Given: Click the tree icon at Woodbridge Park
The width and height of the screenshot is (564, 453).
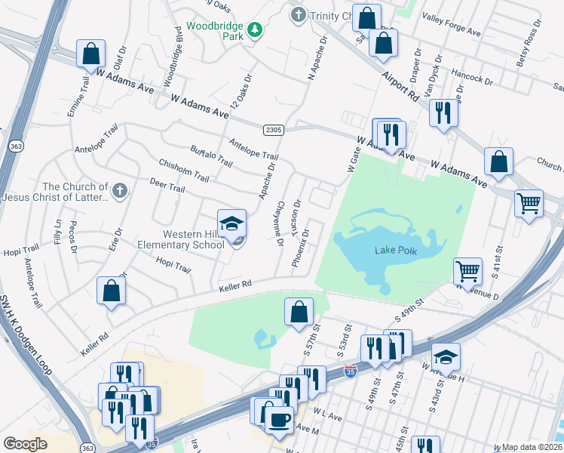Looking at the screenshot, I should point(256,29).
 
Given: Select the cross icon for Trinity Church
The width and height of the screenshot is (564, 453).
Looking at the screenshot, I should point(299,14).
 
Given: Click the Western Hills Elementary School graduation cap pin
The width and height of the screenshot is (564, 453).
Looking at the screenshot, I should point(232,223).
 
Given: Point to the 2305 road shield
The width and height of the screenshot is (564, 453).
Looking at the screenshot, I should point(273,131).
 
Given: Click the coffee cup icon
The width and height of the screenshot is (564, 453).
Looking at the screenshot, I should point(279,420).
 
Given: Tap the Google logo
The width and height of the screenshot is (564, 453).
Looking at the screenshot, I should point(25,444).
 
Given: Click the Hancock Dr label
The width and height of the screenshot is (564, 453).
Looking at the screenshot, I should point(471,78).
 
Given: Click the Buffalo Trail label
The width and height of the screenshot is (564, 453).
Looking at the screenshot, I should point(211,156).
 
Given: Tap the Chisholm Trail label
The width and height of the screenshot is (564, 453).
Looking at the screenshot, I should point(183,170).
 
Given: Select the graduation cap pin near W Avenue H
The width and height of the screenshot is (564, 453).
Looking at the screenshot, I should point(446,356).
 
